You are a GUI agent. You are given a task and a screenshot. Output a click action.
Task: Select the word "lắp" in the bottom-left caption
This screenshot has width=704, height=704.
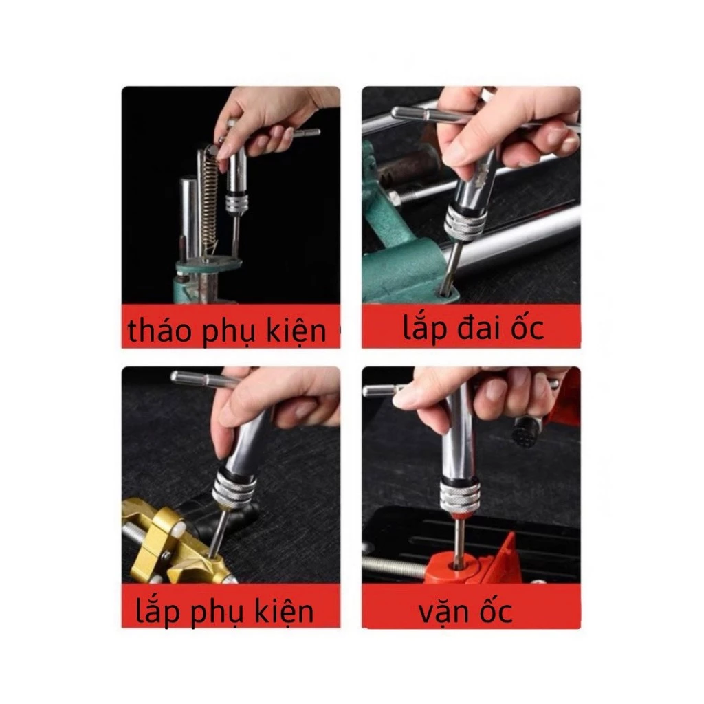pos(157,611)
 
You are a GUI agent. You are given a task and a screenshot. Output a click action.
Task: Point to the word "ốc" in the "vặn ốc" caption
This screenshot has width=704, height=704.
pos(496,609)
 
